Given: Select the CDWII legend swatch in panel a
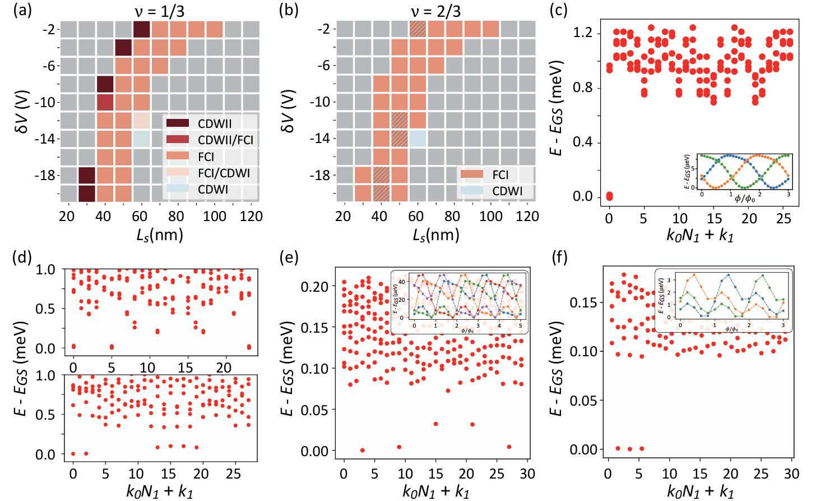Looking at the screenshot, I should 178,123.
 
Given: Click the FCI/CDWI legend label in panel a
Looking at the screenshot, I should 224,173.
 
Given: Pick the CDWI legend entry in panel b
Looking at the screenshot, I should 507,191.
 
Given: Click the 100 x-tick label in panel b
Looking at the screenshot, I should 491,217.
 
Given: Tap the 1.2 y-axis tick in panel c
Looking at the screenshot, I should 582,33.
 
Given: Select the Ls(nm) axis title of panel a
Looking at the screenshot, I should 160,235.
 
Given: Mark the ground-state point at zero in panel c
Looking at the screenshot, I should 610,196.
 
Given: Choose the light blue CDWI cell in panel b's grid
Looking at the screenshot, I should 418,139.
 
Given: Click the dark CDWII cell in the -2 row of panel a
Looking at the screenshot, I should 142,29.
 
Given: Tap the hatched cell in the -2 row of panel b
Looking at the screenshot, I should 418,29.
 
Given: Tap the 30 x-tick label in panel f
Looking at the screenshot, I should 791,474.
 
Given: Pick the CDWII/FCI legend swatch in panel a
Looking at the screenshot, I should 178,140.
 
